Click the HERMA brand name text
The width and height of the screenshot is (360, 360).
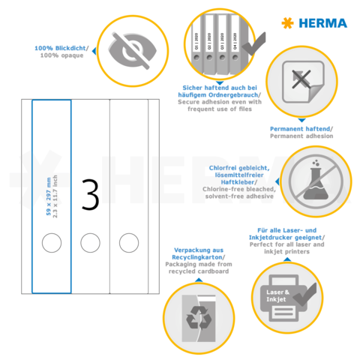(323, 23)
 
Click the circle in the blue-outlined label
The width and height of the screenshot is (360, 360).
(52, 241)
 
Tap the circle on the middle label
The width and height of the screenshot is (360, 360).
(90, 241)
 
